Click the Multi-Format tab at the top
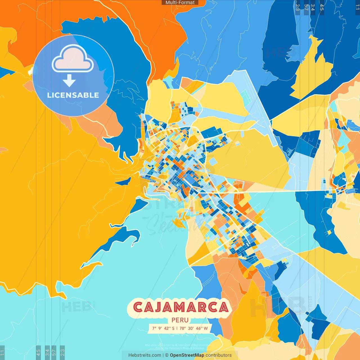click(x=180, y=3)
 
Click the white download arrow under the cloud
click(x=69, y=81)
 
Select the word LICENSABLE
click(x=73, y=95)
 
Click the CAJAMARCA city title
click(x=180, y=307)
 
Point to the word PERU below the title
click(x=180, y=320)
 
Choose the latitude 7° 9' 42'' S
click(x=163, y=328)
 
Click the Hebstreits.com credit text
click(x=145, y=355)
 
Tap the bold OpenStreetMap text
click(x=187, y=355)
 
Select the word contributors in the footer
click(x=219, y=355)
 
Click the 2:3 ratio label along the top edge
click(x=298, y=7)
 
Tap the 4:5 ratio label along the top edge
click(x=322, y=7)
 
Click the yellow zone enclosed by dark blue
click(x=312, y=70)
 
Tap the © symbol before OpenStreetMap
click(x=167, y=355)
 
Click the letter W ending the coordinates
click(x=206, y=328)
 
